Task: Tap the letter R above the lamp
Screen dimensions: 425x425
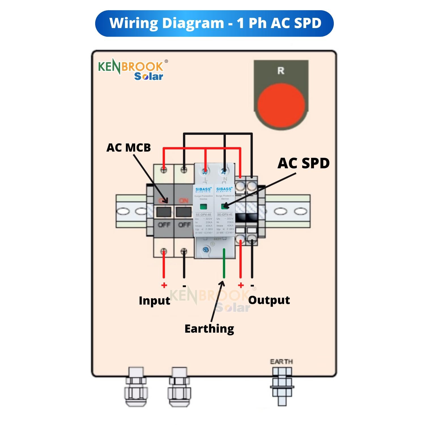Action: click(x=280, y=71)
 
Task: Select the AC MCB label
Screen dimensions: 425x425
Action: click(x=129, y=148)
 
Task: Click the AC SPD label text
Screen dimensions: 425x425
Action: click(x=303, y=163)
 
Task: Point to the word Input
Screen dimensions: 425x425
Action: click(x=154, y=301)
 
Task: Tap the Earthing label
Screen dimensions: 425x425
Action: click(x=209, y=329)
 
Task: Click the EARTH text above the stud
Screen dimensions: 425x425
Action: click(x=281, y=362)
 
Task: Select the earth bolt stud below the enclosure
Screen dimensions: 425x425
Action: click(x=282, y=386)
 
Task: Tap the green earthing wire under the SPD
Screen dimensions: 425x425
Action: click(x=224, y=263)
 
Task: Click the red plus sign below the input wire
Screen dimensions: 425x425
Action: click(x=164, y=285)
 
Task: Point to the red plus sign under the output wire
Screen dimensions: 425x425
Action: click(x=241, y=285)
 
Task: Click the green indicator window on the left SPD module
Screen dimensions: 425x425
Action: click(x=203, y=207)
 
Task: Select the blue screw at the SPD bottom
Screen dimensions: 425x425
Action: click(x=206, y=250)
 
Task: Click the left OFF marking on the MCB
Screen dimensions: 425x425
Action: click(x=164, y=225)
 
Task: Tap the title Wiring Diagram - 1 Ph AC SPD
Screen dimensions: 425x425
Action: click(x=215, y=23)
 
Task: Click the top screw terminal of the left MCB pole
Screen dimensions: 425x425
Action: click(x=164, y=170)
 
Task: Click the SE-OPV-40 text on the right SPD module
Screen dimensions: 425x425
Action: click(x=225, y=214)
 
